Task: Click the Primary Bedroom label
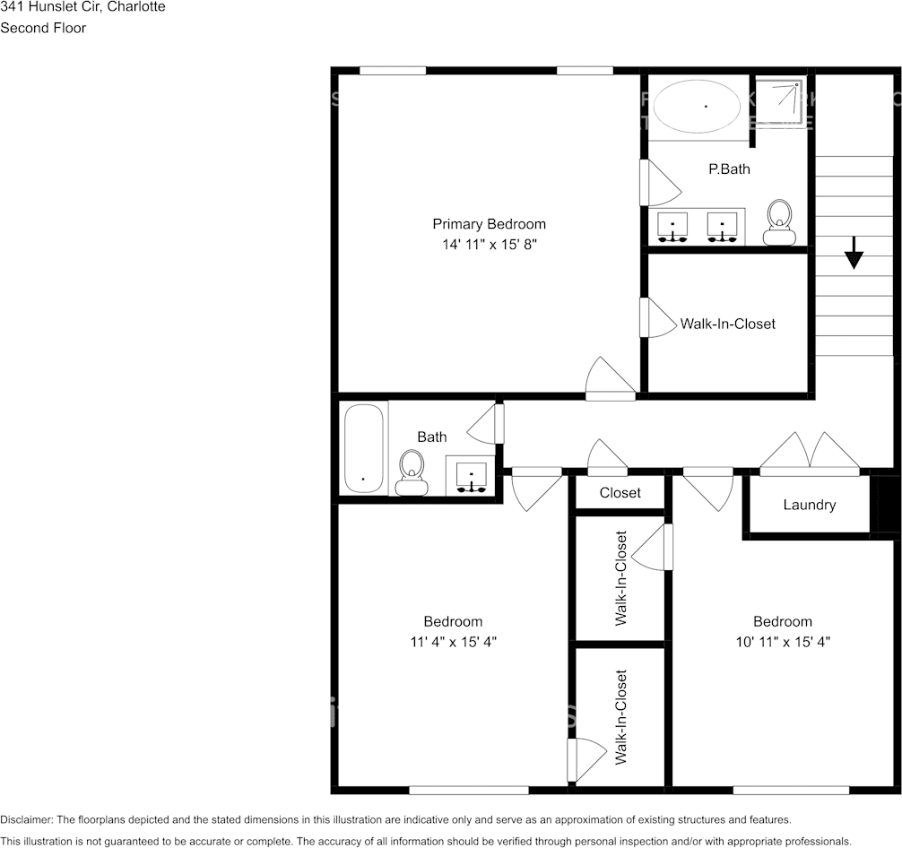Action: (x=489, y=224)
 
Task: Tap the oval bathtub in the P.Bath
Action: (x=697, y=107)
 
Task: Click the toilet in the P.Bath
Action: (x=779, y=221)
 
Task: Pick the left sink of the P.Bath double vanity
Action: (x=672, y=227)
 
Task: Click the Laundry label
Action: (x=809, y=505)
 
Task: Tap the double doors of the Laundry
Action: (x=810, y=453)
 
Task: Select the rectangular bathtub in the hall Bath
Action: (x=364, y=448)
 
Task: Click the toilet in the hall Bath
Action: (x=412, y=472)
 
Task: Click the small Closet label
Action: (x=620, y=493)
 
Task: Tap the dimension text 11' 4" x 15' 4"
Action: (x=453, y=642)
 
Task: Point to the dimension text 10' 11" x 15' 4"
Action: (x=782, y=642)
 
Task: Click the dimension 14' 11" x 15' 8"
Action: (x=489, y=244)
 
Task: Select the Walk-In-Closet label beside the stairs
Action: (x=727, y=324)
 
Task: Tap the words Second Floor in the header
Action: (x=43, y=28)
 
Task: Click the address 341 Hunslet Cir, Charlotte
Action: (x=82, y=6)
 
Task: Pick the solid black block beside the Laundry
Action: (x=884, y=505)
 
